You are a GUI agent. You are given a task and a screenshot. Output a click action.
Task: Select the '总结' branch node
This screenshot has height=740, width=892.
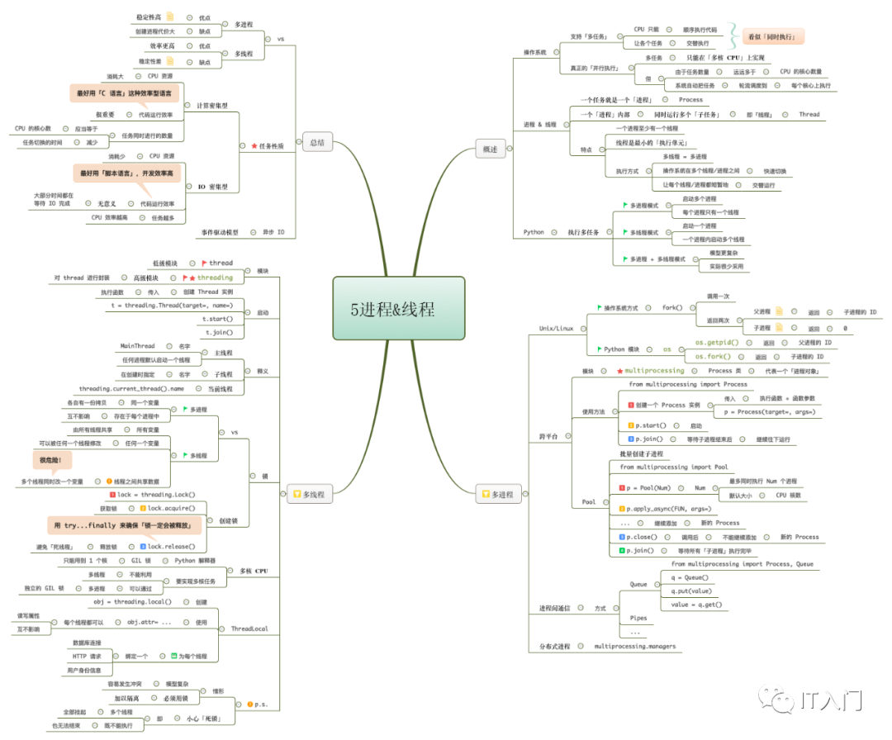point(316,142)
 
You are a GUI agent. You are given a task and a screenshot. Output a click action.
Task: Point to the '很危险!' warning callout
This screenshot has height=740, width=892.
point(52,458)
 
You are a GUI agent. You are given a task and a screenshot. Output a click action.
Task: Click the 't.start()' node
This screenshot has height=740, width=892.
point(219,319)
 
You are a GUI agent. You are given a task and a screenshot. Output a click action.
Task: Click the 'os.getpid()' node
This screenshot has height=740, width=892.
point(715,342)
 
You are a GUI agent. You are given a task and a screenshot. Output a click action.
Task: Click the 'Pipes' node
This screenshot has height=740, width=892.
point(638,618)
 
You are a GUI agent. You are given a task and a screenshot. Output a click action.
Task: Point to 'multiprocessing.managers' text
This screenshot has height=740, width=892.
point(635,646)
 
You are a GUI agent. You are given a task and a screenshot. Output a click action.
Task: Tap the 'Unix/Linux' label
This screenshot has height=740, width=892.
point(556,328)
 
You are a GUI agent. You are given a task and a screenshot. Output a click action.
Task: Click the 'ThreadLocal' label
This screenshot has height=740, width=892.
point(249,629)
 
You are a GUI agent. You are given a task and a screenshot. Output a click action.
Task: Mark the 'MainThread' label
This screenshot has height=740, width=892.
point(137,346)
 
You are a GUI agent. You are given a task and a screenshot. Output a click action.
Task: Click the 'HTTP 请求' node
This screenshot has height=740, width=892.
point(87,656)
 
